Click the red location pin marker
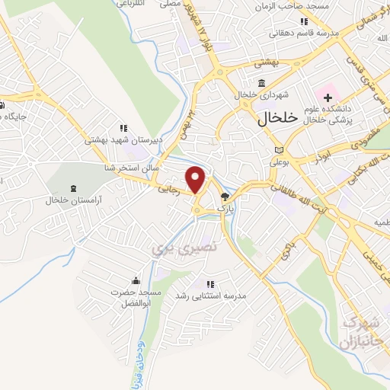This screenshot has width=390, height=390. [197, 180]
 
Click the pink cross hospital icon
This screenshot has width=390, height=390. [328, 97]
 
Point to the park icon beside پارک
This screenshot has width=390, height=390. [224, 196]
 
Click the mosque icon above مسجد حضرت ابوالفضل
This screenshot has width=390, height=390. [136, 280]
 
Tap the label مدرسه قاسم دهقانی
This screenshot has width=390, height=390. [303, 34]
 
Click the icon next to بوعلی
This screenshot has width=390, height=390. [278, 149]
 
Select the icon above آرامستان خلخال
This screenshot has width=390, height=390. [74, 187]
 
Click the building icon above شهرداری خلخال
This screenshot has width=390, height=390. [262, 83]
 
